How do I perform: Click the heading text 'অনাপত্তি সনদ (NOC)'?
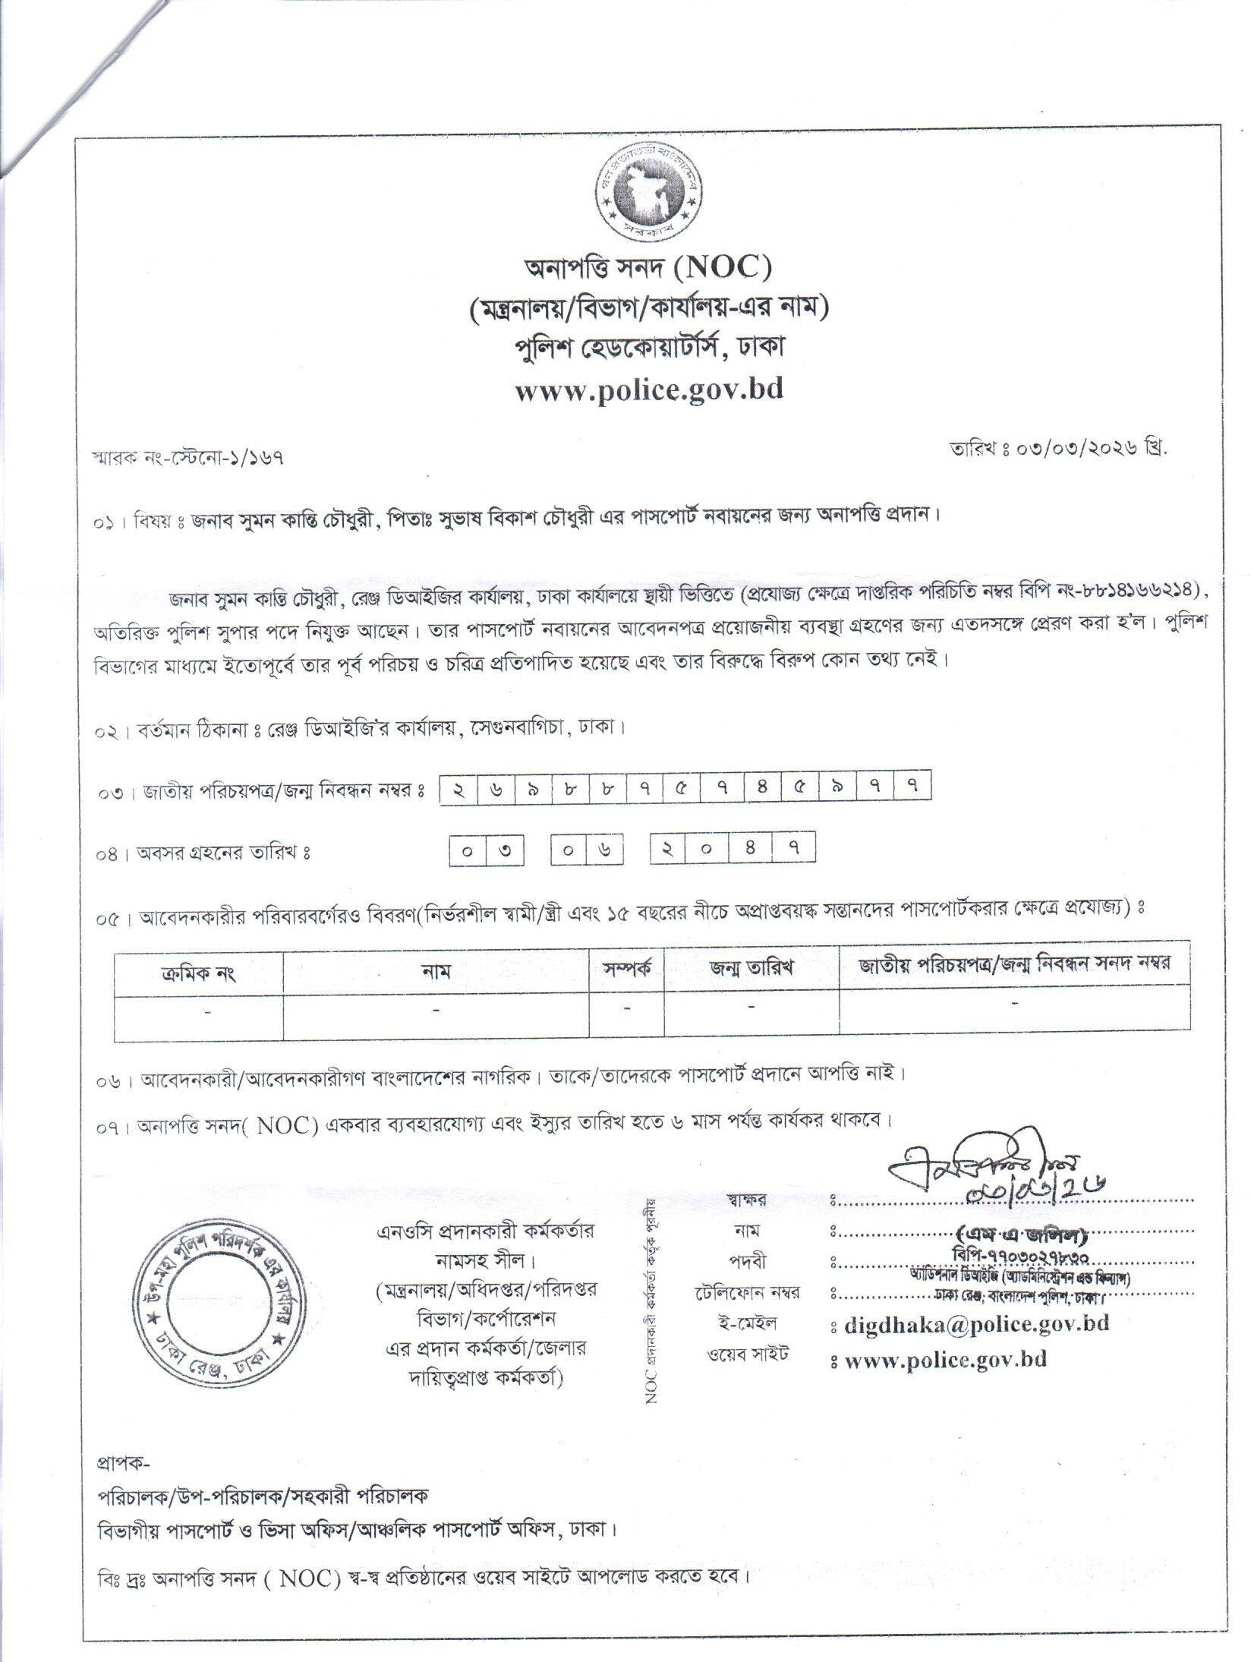click(648, 267)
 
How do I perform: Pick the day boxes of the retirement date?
click(487, 851)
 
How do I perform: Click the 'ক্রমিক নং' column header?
click(199, 973)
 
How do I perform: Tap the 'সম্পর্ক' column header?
click(626, 970)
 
